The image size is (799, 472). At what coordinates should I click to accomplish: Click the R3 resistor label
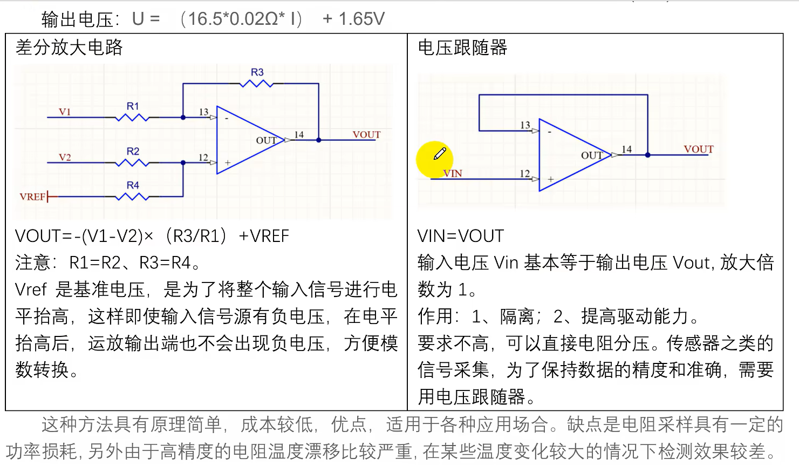point(257,72)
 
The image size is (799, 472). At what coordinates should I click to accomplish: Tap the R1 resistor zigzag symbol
point(132,117)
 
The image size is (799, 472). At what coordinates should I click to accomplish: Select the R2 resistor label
point(133,151)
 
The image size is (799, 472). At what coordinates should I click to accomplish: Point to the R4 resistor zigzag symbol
point(132,197)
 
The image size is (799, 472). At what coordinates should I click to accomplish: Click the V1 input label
point(65,112)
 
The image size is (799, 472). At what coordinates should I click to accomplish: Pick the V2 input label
point(65,157)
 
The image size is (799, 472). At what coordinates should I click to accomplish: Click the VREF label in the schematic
point(32,197)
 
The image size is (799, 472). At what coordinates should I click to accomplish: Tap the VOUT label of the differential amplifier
point(366,134)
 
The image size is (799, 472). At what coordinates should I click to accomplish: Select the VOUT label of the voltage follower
point(698,149)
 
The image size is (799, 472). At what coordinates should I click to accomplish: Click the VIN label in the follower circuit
point(453,173)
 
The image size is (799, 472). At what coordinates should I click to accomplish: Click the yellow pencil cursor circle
point(434,159)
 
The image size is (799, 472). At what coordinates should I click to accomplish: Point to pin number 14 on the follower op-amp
point(626,149)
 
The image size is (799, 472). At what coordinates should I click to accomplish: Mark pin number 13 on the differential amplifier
point(203,112)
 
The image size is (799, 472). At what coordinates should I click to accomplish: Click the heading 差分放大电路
point(69,48)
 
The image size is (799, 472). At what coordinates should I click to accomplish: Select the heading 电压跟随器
point(462,48)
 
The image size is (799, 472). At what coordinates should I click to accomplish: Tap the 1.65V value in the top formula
point(361,19)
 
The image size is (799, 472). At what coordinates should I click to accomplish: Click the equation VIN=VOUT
point(460,236)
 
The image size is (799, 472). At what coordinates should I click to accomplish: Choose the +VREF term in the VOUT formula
point(264,236)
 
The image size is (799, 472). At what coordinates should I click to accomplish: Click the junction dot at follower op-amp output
point(647,155)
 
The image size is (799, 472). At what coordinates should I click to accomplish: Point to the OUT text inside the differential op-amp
point(266,140)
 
